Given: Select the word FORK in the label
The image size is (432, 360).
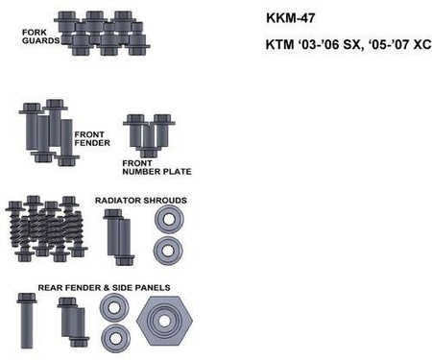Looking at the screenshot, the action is click(x=35, y=32).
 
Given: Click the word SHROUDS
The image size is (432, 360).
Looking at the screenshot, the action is click(x=165, y=201).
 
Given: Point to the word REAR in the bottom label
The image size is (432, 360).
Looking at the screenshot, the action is click(x=49, y=286).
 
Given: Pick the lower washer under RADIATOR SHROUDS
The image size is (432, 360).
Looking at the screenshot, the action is click(x=168, y=251).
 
